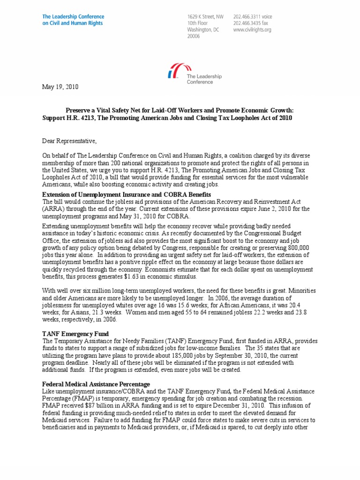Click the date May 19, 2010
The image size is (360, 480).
point(60,87)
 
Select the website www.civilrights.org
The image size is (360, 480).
point(252,30)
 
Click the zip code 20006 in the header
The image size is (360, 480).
point(194,36)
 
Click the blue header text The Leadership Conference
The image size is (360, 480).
point(70,16)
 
